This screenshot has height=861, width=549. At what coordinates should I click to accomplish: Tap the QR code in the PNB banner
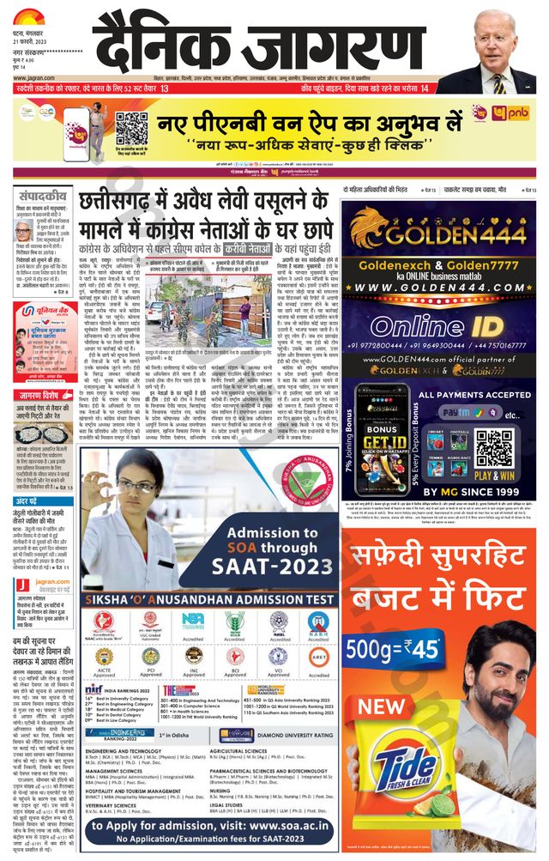pos(131,127)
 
